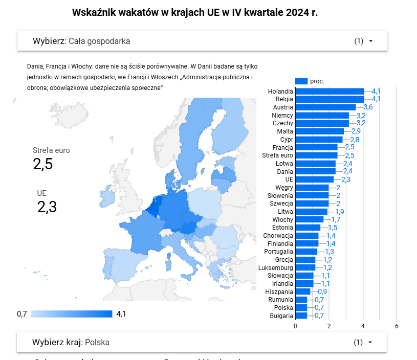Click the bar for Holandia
click(x=329, y=91)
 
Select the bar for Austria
click(x=325, y=107)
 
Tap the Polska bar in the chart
click(x=301, y=308)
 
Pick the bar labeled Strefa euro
click(x=316, y=155)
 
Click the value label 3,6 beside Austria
click(x=368, y=107)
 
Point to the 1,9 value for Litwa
click(x=340, y=212)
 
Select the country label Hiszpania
click(x=279, y=291)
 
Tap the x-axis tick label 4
click(x=363, y=326)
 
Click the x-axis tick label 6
click(x=397, y=326)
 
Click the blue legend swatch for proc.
click(x=301, y=81)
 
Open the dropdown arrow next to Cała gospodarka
click(x=370, y=41)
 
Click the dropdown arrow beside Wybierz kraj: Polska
click(x=370, y=342)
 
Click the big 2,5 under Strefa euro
click(x=43, y=164)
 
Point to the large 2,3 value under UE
click(x=47, y=207)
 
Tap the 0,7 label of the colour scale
click(x=22, y=314)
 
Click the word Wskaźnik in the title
click(x=94, y=12)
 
